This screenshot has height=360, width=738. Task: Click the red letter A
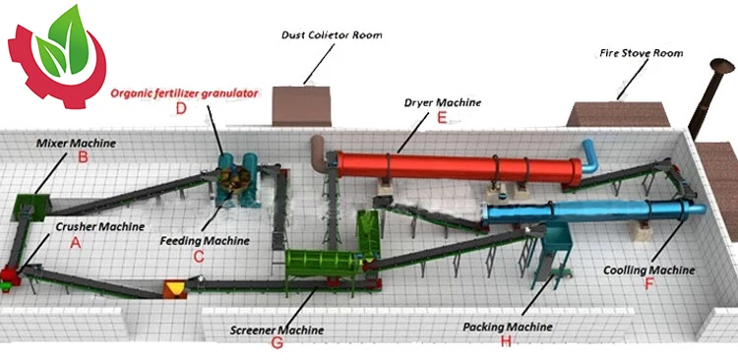coord(69,246)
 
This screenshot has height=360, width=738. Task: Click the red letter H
coord(507,340)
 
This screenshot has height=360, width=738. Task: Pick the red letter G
coord(277,343)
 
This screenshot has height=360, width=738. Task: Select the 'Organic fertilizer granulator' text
coord(184,91)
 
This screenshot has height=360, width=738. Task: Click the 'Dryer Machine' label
coord(442,101)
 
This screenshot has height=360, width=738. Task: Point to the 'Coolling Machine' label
coord(649,269)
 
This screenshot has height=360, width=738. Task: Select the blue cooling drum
coord(590,212)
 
